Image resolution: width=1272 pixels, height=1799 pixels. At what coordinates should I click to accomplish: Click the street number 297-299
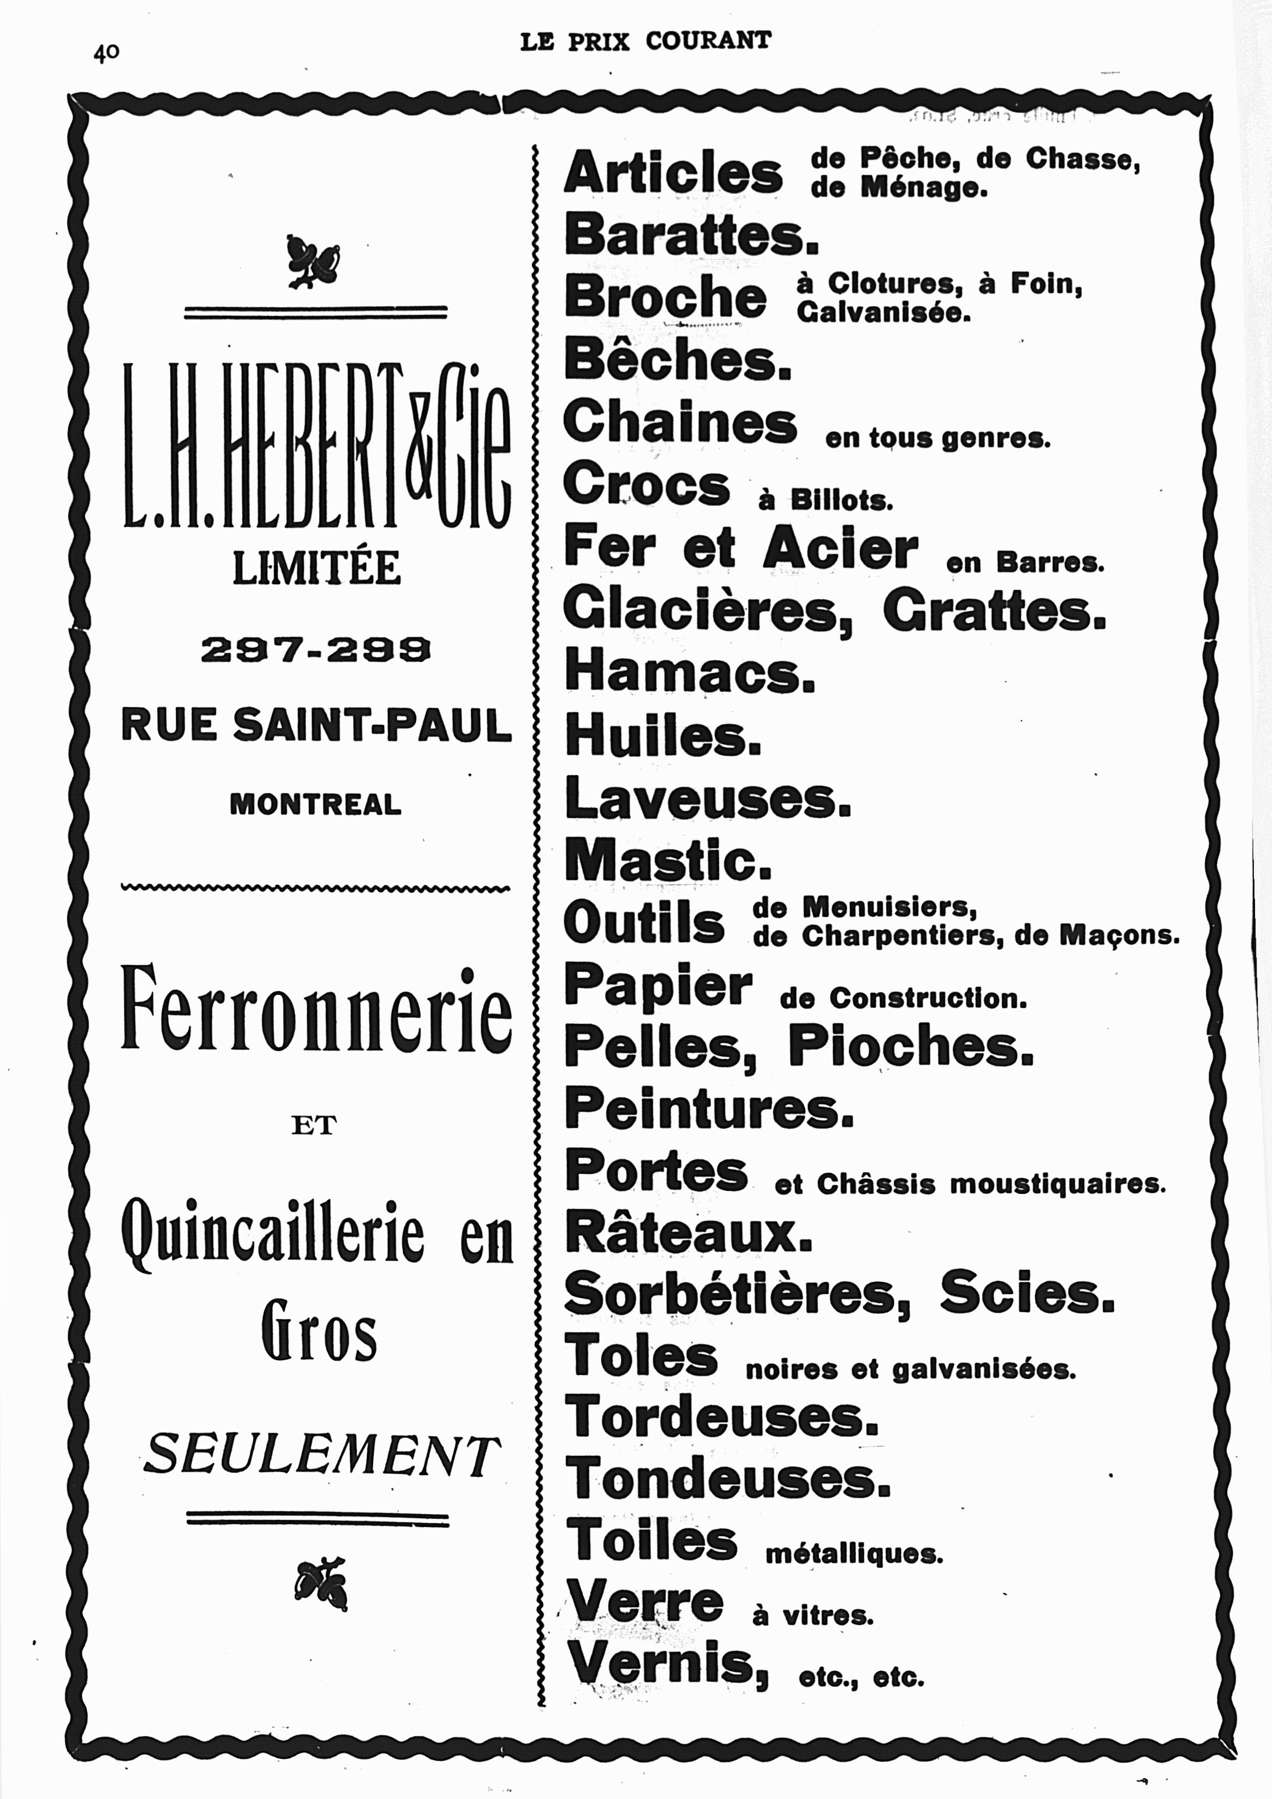pyautogui.click(x=315, y=650)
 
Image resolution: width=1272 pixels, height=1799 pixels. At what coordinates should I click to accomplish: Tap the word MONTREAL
pyautogui.click(x=315, y=804)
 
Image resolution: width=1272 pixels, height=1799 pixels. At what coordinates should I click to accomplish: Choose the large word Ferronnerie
pyautogui.click(x=317, y=1011)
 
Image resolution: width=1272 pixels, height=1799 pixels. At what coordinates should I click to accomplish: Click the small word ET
pyautogui.click(x=314, y=1126)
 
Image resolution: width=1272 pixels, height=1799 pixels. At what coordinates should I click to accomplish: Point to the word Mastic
pyautogui.click(x=668, y=860)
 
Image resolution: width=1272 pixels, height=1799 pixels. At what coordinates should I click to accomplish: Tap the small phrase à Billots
pyautogui.click(x=825, y=499)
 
